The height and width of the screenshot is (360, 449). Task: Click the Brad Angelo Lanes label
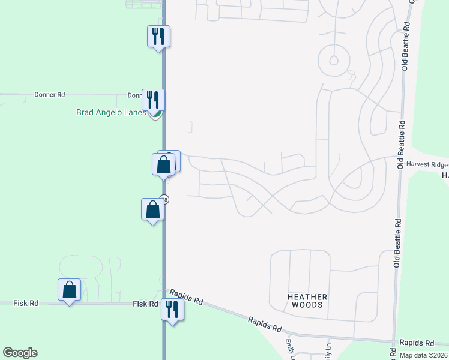click(x=111, y=112)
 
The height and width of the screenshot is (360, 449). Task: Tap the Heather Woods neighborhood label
click(x=307, y=301)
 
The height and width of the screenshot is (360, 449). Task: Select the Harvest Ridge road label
click(x=427, y=164)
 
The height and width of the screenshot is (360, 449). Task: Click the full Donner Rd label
click(x=49, y=95)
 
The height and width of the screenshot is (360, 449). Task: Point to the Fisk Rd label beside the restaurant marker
click(x=145, y=304)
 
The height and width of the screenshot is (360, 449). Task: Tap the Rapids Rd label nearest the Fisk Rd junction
click(x=186, y=296)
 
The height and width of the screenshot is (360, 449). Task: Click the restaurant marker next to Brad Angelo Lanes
click(x=153, y=98)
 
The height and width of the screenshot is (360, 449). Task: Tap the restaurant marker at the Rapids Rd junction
click(x=172, y=309)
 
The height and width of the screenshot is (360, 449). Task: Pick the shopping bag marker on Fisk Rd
click(x=70, y=290)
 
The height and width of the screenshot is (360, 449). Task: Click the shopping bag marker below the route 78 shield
click(x=152, y=209)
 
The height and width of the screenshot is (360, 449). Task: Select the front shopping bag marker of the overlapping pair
click(x=163, y=164)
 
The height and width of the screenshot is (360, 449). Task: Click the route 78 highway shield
click(x=165, y=199)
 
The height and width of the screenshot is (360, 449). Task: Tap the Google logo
click(x=20, y=353)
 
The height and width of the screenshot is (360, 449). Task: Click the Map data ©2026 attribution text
click(x=423, y=355)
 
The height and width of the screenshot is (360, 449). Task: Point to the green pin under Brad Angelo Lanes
click(x=156, y=114)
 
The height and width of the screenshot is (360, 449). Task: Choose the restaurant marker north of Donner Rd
click(x=158, y=37)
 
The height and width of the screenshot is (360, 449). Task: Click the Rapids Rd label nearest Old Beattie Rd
click(x=418, y=343)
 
